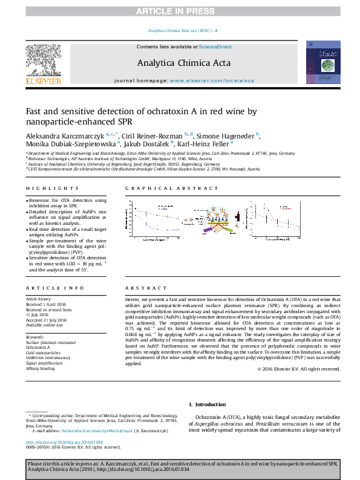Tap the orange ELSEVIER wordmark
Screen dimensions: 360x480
(43, 81)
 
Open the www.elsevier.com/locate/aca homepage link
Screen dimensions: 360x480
(212, 80)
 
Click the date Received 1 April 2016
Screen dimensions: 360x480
(46, 303)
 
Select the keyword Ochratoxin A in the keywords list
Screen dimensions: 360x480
(38, 348)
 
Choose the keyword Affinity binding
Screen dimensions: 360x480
(40, 368)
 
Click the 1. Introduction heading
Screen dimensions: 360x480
(207, 404)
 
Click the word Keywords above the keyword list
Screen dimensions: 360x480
(35, 337)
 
